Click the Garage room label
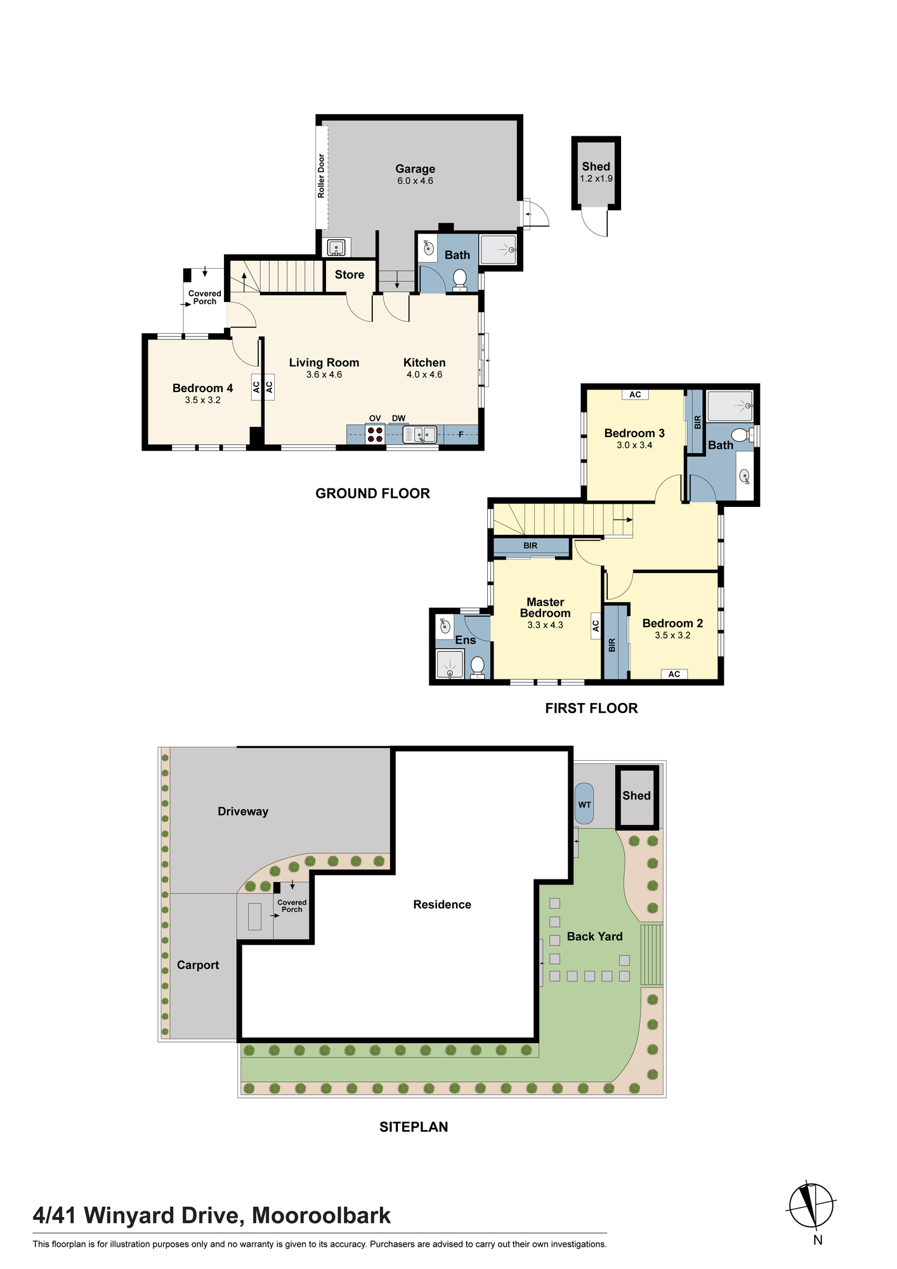pos(415,169)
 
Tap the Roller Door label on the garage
pos(321,175)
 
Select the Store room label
pos(350,275)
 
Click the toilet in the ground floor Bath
pos(460,279)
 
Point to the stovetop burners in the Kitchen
pos(375,435)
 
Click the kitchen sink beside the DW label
pos(419,435)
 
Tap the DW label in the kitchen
pos(398,418)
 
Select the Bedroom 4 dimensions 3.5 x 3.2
pos(203,400)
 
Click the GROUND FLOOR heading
pos(372,493)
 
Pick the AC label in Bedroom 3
pos(635,395)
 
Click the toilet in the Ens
pos(478,667)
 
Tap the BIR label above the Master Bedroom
pos(530,546)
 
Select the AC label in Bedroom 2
pos(674,674)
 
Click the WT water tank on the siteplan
pos(584,805)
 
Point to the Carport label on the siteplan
pos(198,965)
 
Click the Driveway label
pos(243,812)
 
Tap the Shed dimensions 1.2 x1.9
pos(596,179)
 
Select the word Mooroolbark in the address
pos(322,1216)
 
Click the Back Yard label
pos(594,937)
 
